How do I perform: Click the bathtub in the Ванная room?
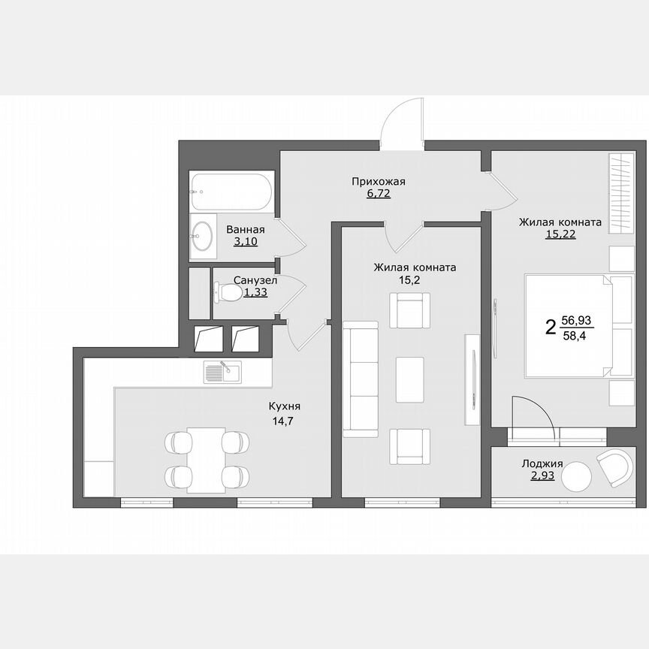(x=231, y=193)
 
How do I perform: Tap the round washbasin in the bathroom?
(x=202, y=235)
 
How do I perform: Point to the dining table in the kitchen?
(x=206, y=460)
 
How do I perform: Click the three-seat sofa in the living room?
(x=361, y=379)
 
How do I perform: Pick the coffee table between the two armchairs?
(x=409, y=373)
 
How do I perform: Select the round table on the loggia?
(x=577, y=475)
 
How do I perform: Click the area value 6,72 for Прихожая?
(x=378, y=193)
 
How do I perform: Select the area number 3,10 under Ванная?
(x=245, y=242)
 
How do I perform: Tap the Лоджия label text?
(x=542, y=464)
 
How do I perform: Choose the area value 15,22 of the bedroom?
(x=560, y=234)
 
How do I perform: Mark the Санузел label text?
(x=255, y=280)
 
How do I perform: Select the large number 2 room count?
(x=551, y=327)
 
